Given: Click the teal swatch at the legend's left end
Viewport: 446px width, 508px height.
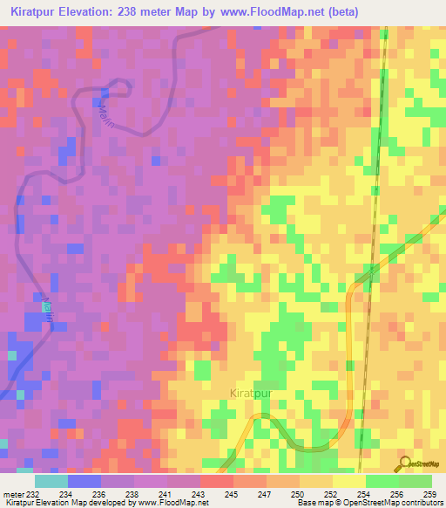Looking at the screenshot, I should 51,481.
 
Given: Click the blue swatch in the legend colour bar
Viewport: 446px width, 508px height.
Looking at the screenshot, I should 84,481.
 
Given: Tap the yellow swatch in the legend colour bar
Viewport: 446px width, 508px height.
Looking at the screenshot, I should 348,481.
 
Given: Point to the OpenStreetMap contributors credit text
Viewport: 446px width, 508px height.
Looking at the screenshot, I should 387,502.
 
